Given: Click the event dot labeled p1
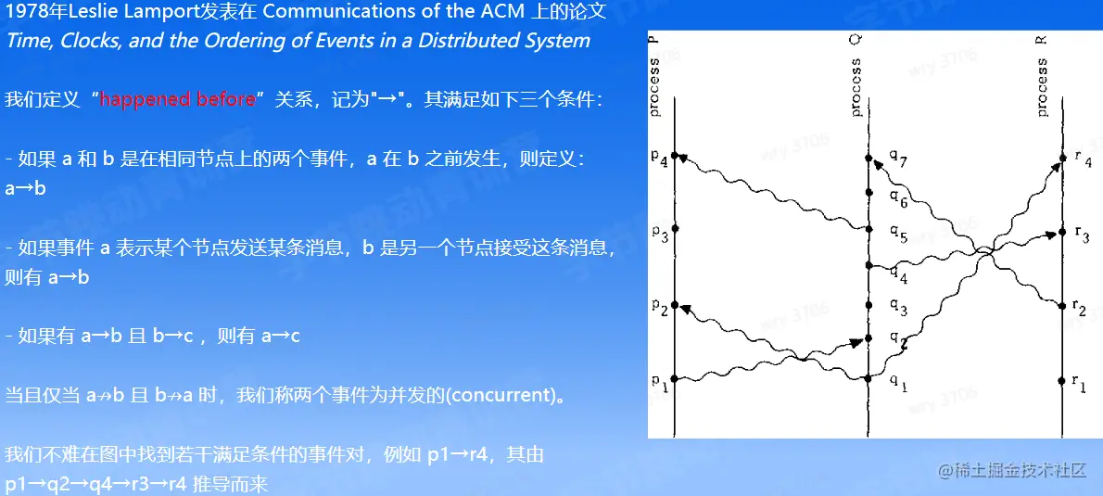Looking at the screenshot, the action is tap(675, 380).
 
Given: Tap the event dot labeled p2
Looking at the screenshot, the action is tap(675, 305).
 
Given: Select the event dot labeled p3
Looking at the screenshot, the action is tap(675, 229).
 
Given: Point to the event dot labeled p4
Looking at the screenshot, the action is tap(675, 156).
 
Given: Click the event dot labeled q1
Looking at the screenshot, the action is tap(868, 379).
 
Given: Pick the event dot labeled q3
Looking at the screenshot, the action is tap(868, 305).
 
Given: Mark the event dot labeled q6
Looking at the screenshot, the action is tap(868, 192).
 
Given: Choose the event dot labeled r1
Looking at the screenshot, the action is tap(1061, 381).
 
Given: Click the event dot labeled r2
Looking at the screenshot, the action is tap(1061, 306).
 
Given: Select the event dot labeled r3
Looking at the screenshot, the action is tap(1061, 232).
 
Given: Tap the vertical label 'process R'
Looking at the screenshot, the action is tap(1042, 76).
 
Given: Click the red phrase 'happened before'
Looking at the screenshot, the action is tap(177, 99).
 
